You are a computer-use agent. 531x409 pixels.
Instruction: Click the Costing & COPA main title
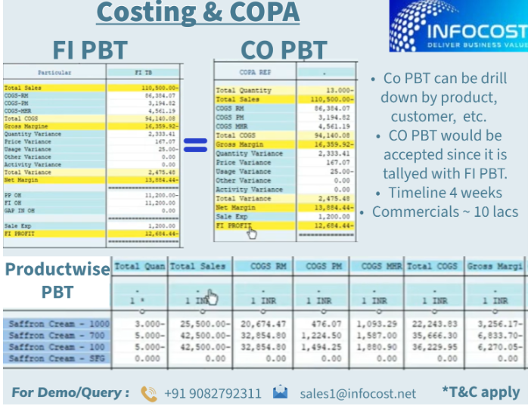198,14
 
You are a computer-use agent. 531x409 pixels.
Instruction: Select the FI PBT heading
89,51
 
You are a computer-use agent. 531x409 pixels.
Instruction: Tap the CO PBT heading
284,51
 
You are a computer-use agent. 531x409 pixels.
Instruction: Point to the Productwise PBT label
57,280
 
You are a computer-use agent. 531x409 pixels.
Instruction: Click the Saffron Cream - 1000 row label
59,324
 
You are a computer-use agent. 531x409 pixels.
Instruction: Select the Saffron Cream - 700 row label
59,336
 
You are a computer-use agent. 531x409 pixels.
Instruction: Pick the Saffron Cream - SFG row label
59,358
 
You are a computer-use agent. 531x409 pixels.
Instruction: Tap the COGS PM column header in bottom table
321,266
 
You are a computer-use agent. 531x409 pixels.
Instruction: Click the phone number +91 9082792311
211,393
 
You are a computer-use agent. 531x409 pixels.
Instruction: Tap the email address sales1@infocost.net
357,393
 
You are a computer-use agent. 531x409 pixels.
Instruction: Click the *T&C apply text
480,392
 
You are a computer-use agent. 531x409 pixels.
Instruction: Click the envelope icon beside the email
281,392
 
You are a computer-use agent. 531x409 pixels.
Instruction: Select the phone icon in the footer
148,393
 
